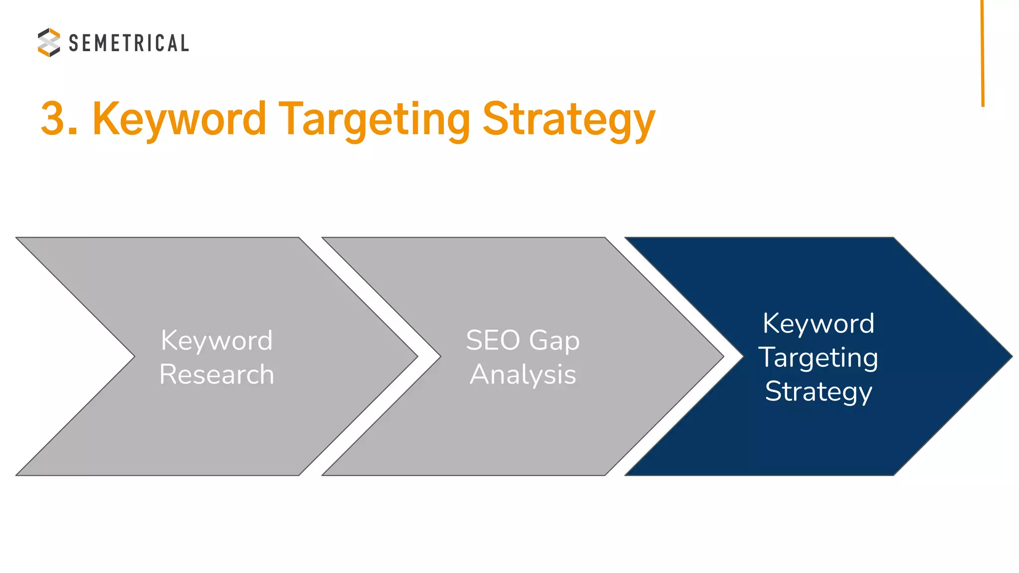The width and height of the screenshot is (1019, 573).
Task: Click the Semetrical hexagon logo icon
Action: coord(49,42)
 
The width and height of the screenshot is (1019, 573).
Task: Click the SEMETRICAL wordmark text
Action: coord(129,43)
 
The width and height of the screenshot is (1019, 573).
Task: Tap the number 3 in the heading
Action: coord(53,119)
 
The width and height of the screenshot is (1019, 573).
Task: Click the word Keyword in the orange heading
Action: coord(180,119)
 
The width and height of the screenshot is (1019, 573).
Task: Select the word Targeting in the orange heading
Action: coord(374,120)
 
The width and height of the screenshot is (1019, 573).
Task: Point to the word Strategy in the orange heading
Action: coord(569,120)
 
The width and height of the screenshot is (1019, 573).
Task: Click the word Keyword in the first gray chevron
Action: coord(217,340)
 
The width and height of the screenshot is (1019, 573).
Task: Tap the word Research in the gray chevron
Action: coord(217,374)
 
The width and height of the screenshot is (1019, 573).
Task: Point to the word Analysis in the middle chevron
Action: coord(523,374)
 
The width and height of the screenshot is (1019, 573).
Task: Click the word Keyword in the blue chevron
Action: coord(818,323)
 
